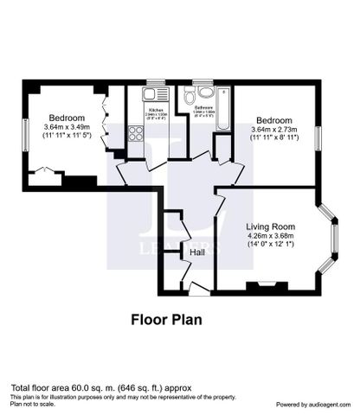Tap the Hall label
(197, 252)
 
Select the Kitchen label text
(156, 111)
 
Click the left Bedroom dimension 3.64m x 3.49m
(66, 128)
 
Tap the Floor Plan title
(166, 318)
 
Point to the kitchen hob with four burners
(136, 133)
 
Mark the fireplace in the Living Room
(265, 284)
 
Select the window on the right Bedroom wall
(318, 137)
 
